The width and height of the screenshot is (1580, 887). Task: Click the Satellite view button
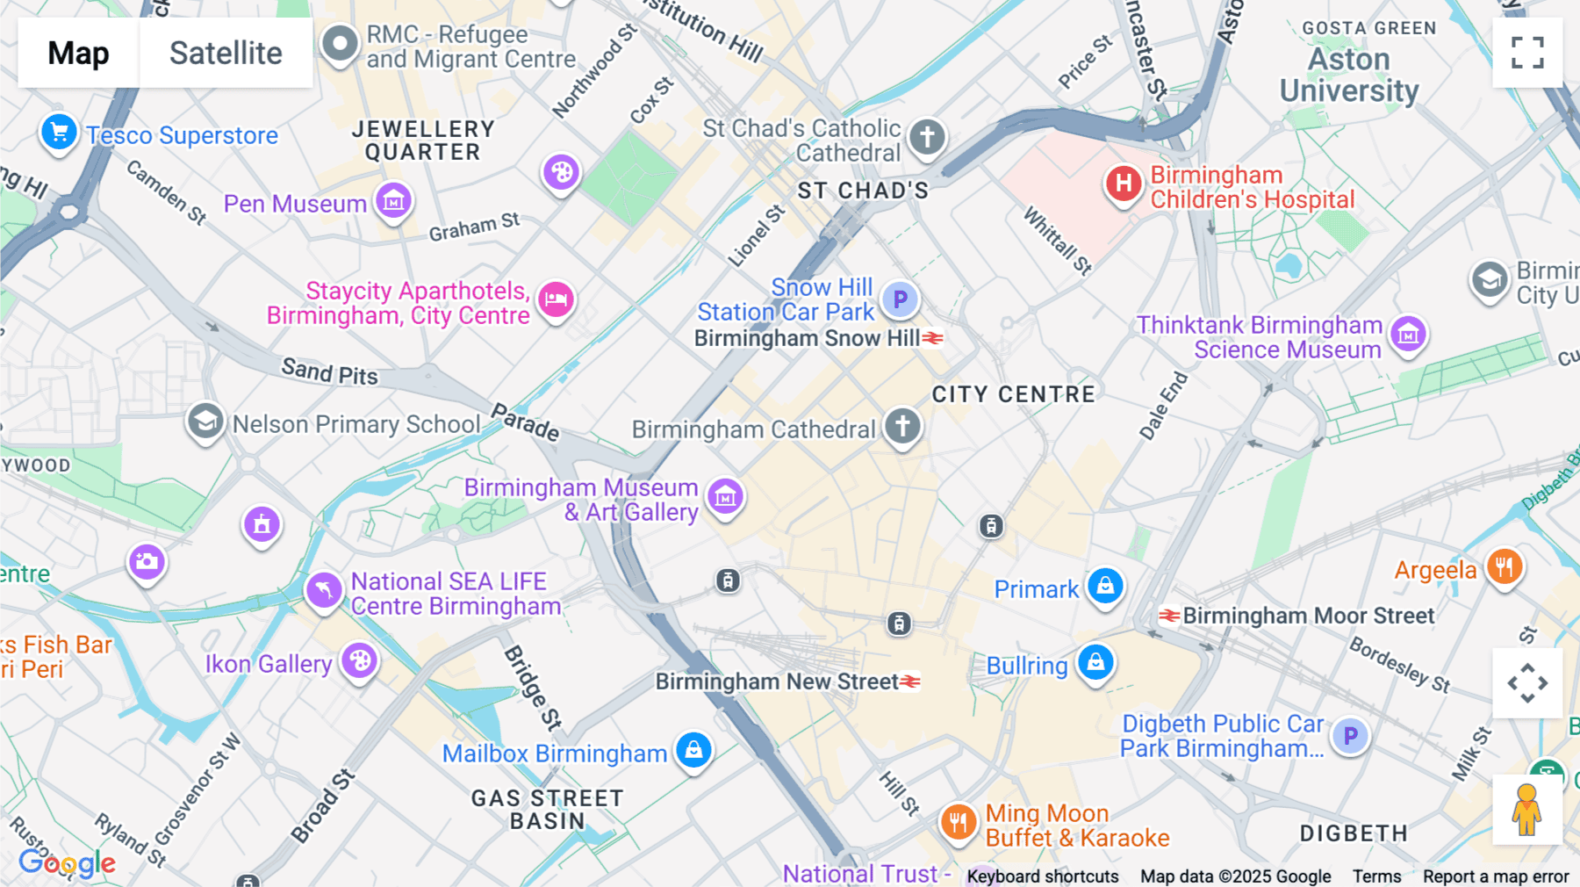pyautogui.click(x=226, y=53)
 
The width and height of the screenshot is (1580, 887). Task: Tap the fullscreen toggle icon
pyautogui.click(x=1527, y=53)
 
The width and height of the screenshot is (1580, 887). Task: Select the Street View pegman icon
pyautogui.click(x=1526, y=810)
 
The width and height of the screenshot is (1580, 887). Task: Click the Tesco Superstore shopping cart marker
pyautogui.click(x=59, y=133)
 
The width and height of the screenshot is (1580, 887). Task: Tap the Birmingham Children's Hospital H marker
pyautogui.click(x=1124, y=184)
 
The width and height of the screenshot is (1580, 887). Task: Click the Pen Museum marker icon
pyautogui.click(x=393, y=201)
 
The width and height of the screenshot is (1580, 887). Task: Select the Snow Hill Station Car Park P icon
pyautogui.click(x=900, y=299)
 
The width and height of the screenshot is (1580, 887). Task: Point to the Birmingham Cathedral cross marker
pyautogui.click(x=902, y=426)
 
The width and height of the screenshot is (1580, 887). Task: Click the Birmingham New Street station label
pyautogui.click(x=777, y=681)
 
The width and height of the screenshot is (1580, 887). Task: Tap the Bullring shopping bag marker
pyautogui.click(x=1095, y=662)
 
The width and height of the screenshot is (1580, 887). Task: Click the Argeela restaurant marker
pyautogui.click(x=1505, y=567)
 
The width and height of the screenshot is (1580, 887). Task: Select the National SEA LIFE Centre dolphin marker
pyautogui.click(x=324, y=589)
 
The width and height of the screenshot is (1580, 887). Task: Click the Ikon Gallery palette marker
pyautogui.click(x=359, y=660)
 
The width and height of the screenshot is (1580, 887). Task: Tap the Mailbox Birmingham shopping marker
pyautogui.click(x=693, y=750)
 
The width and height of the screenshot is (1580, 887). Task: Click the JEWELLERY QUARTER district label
pyautogui.click(x=423, y=141)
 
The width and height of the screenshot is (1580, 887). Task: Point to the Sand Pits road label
pyautogui.click(x=329, y=371)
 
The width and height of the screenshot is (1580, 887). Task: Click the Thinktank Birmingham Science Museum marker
pyautogui.click(x=1408, y=334)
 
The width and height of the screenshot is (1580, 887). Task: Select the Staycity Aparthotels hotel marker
pyautogui.click(x=556, y=299)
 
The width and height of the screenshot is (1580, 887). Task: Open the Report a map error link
pyautogui.click(x=1495, y=876)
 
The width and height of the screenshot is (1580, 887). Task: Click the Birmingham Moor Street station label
pyautogui.click(x=1308, y=616)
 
